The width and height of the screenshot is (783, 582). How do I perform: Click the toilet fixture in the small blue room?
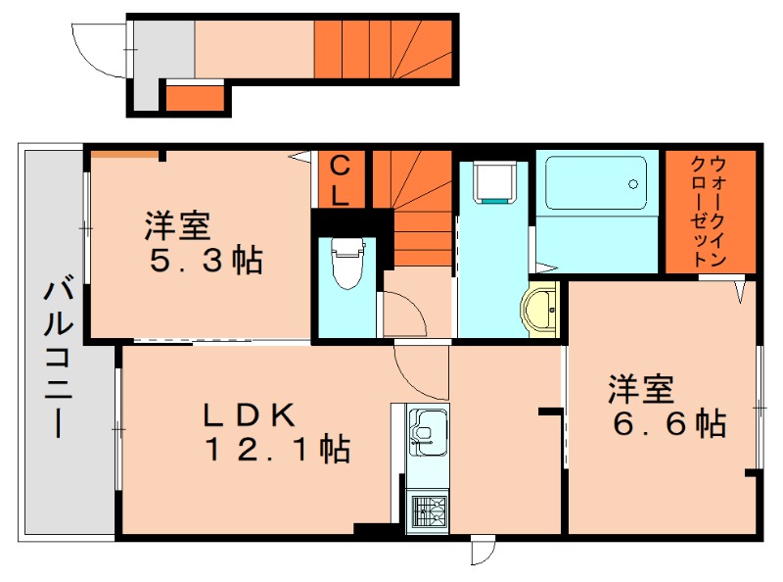[x=345, y=263]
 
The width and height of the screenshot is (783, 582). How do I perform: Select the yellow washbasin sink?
[x=540, y=310]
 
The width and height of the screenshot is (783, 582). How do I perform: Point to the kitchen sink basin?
[x=427, y=432]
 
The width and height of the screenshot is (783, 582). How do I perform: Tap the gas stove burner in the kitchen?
[x=427, y=511]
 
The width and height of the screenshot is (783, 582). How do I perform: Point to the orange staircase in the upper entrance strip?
[x=383, y=50]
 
